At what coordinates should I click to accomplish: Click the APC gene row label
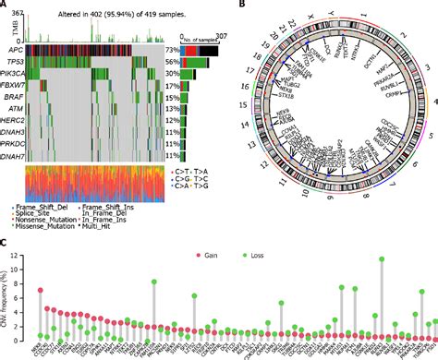tap(13, 48)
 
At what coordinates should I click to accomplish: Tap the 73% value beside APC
tap(171, 48)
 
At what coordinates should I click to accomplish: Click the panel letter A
tap(5, 6)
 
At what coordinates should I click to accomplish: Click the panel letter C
tap(5, 244)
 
